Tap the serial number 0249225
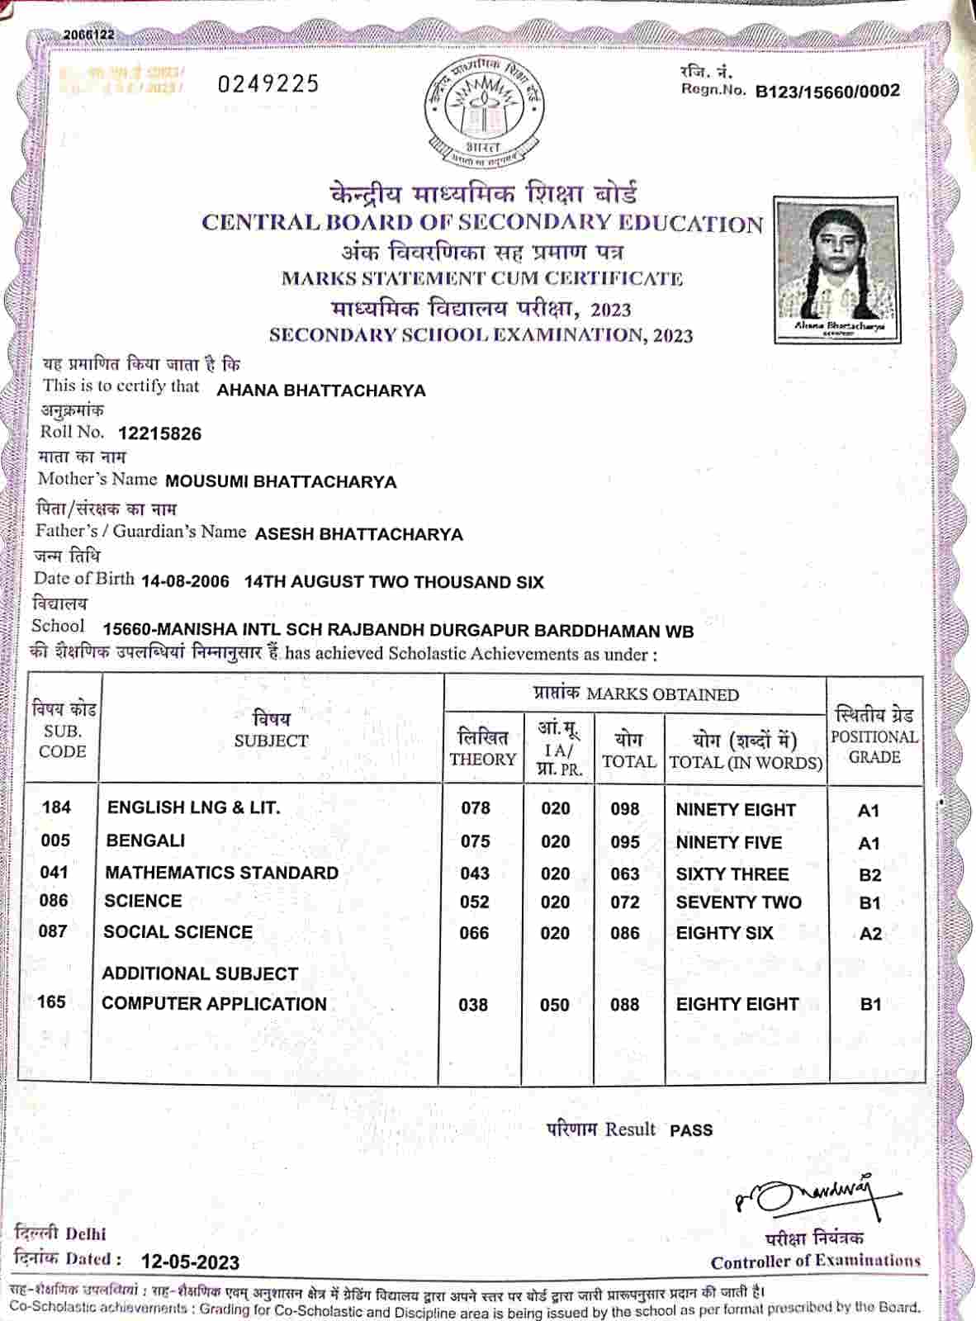click(x=268, y=83)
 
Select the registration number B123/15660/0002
click(x=827, y=92)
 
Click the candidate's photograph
click(x=836, y=268)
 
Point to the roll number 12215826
click(x=160, y=433)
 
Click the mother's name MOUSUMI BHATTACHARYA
click(x=281, y=481)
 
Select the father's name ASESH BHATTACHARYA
click(x=358, y=534)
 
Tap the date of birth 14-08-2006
click(x=186, y=581)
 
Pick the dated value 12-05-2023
click(x=190, y=1262)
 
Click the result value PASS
click(x=691, y=1130)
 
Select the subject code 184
click(x=56, y=807)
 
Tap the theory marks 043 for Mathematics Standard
click(x=475, y=874)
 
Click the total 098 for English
click(x=625, y=809)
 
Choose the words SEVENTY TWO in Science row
click(x=738, y=902)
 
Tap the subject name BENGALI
click(x=145, y=840)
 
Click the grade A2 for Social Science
click(x=870, y=934)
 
